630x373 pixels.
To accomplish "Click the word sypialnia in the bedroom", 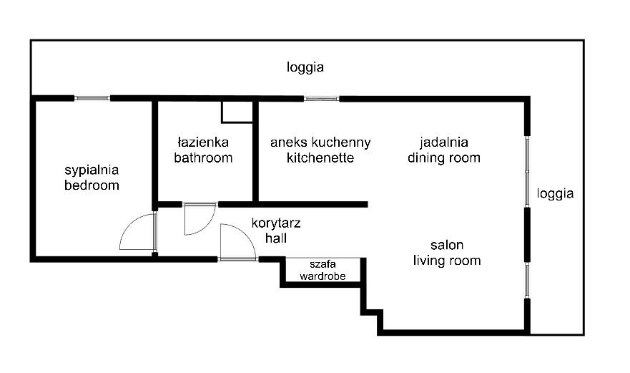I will pos(91,170).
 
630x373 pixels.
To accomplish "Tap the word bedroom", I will pos(91,185).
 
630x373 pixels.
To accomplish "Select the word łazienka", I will pos(203,142).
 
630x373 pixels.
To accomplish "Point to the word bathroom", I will pos(203,158).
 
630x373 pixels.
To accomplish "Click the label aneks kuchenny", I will pos(320,142).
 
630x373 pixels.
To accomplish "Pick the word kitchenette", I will pos(320,158).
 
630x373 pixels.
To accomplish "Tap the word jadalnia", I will pos(443,142).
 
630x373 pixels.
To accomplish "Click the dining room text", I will pos(443,158).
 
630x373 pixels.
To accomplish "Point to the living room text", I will pos(446,260).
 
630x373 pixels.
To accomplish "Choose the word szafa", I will pos(323,263).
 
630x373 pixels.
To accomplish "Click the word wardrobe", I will pos(323,275).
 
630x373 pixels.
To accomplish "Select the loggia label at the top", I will pos(305,68).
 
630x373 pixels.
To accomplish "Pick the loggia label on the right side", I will pos(555,193).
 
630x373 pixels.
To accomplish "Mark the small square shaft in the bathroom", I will pos(236,111).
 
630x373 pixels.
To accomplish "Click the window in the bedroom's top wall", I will pos(92,98).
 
